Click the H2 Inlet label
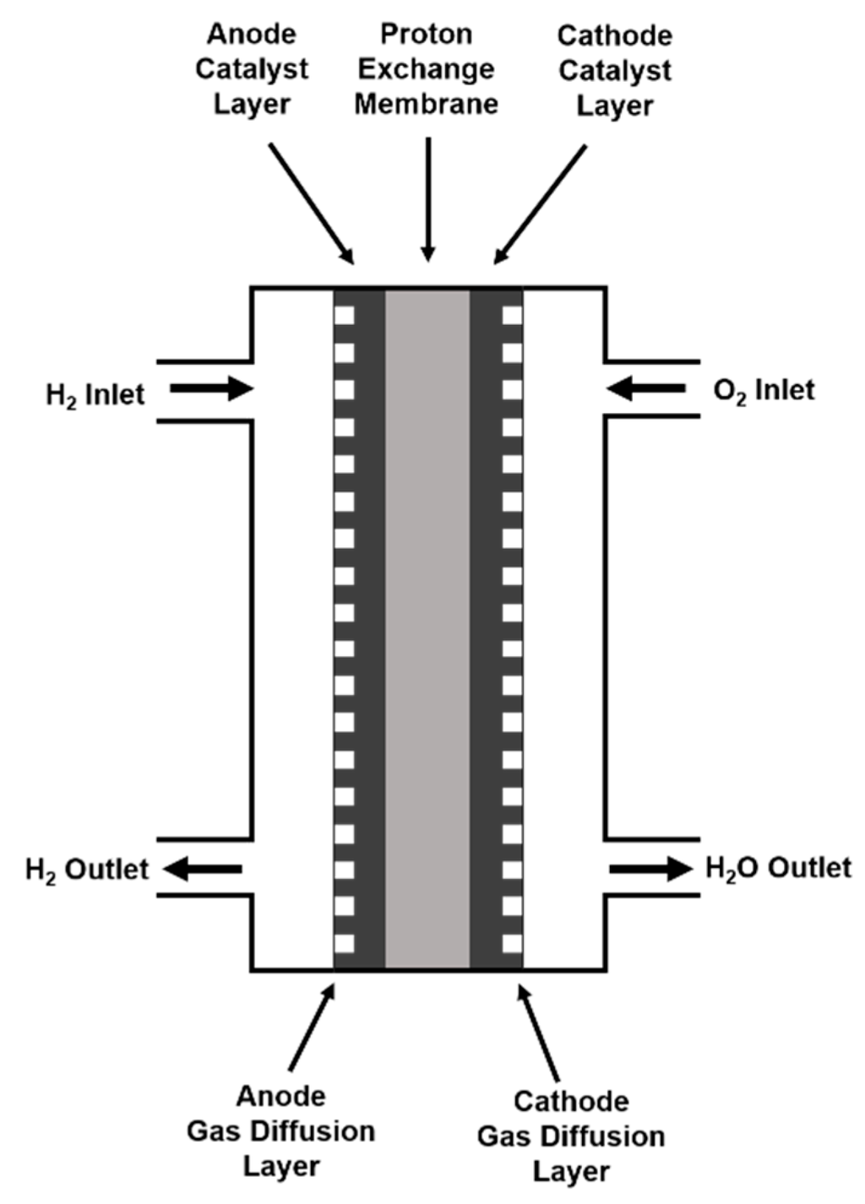[x=95, y=394]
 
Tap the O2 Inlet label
[x=764, y=390]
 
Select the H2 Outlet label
[x=87, y=870]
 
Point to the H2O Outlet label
[x=778, y=868]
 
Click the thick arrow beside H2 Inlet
[x=211, y=389]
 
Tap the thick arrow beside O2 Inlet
[x=646, y=389]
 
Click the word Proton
[x=426, y=35]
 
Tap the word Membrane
[x=426, y=104]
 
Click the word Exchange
[x=426, y=69]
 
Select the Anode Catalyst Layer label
[x=252, y=69]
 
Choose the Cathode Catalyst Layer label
[x=615, y=71]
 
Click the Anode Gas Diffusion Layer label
[x=280, y=1131]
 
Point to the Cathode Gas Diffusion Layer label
[x=571, y=1136]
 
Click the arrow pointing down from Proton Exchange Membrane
[x=428, y=199]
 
